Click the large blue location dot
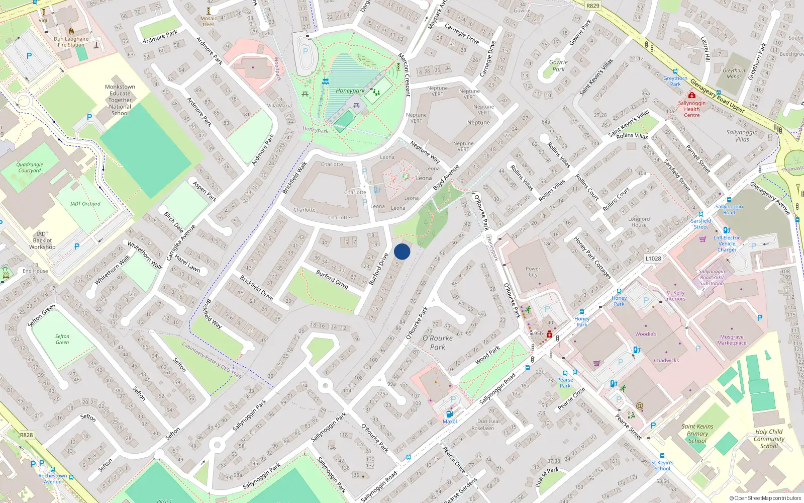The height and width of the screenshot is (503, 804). coord(402,251)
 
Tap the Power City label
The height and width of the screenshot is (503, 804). coord(533,272)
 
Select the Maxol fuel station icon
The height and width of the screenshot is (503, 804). coord(449,414)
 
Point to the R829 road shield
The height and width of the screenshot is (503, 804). coord(593,6)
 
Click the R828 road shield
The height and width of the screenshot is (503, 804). coord(27,435)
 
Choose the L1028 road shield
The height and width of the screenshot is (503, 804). coord(653,259)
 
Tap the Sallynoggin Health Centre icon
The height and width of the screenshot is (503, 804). coord(692,95)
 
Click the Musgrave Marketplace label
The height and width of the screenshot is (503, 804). coord(732,340)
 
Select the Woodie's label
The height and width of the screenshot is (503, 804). coord(646,334)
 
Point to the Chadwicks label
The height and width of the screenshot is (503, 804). coord(666,361)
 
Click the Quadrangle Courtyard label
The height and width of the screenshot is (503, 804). coord(30,167)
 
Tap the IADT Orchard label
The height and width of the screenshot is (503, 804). coord(85,204)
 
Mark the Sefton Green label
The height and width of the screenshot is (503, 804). coord(62,340)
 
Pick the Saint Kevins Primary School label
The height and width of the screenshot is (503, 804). coord(697,434)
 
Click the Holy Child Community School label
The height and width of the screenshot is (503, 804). coord(769,439)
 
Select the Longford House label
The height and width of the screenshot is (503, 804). coord(639,222)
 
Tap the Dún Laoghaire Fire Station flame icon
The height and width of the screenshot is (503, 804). coord(71,31)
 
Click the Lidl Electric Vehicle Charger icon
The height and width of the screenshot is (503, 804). coord(727,230)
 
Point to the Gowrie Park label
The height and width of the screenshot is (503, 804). coord(558,66)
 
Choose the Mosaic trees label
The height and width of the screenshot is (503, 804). coord(209,21)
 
